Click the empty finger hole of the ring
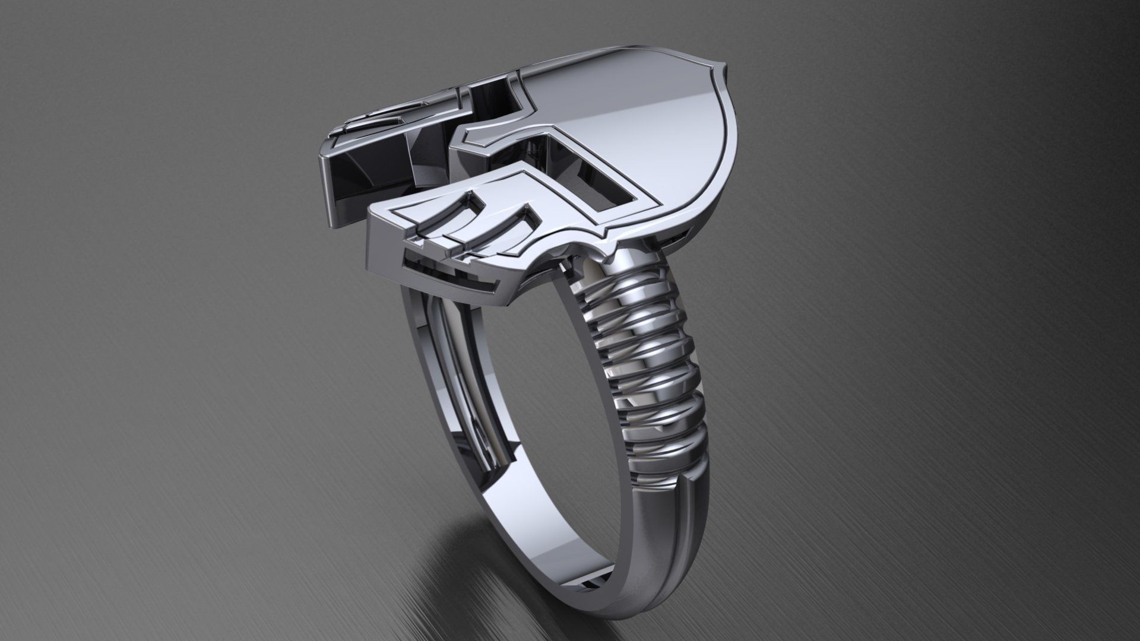(x=534, y=386)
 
